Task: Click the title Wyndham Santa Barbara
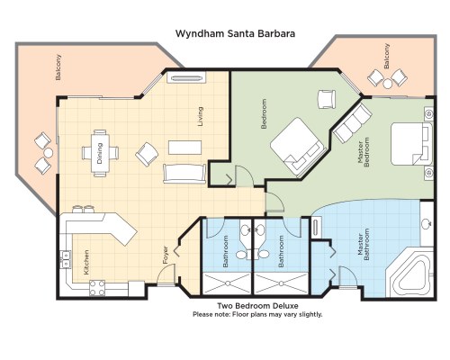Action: [235, 33]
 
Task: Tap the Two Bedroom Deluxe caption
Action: [257, 306]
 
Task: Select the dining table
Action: [100, 153]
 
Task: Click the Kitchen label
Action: [86, 263]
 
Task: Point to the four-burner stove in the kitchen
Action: [97, 288]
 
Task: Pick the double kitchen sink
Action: [66, 259]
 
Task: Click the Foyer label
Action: [166, 255]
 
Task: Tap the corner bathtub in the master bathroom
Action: [409, 274]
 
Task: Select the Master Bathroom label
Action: [364, 245]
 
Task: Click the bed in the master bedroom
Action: [411, 144]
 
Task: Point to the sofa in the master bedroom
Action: [353, 123]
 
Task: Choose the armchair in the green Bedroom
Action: [326, 99]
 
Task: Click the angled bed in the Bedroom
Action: [298, 146]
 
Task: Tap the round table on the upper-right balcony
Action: [388, 84]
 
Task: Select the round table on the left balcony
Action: [48, 153]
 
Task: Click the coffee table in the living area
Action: [184, 148]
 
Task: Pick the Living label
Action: [200, 116]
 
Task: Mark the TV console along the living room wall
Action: [186, 77]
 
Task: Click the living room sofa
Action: [184, 174]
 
